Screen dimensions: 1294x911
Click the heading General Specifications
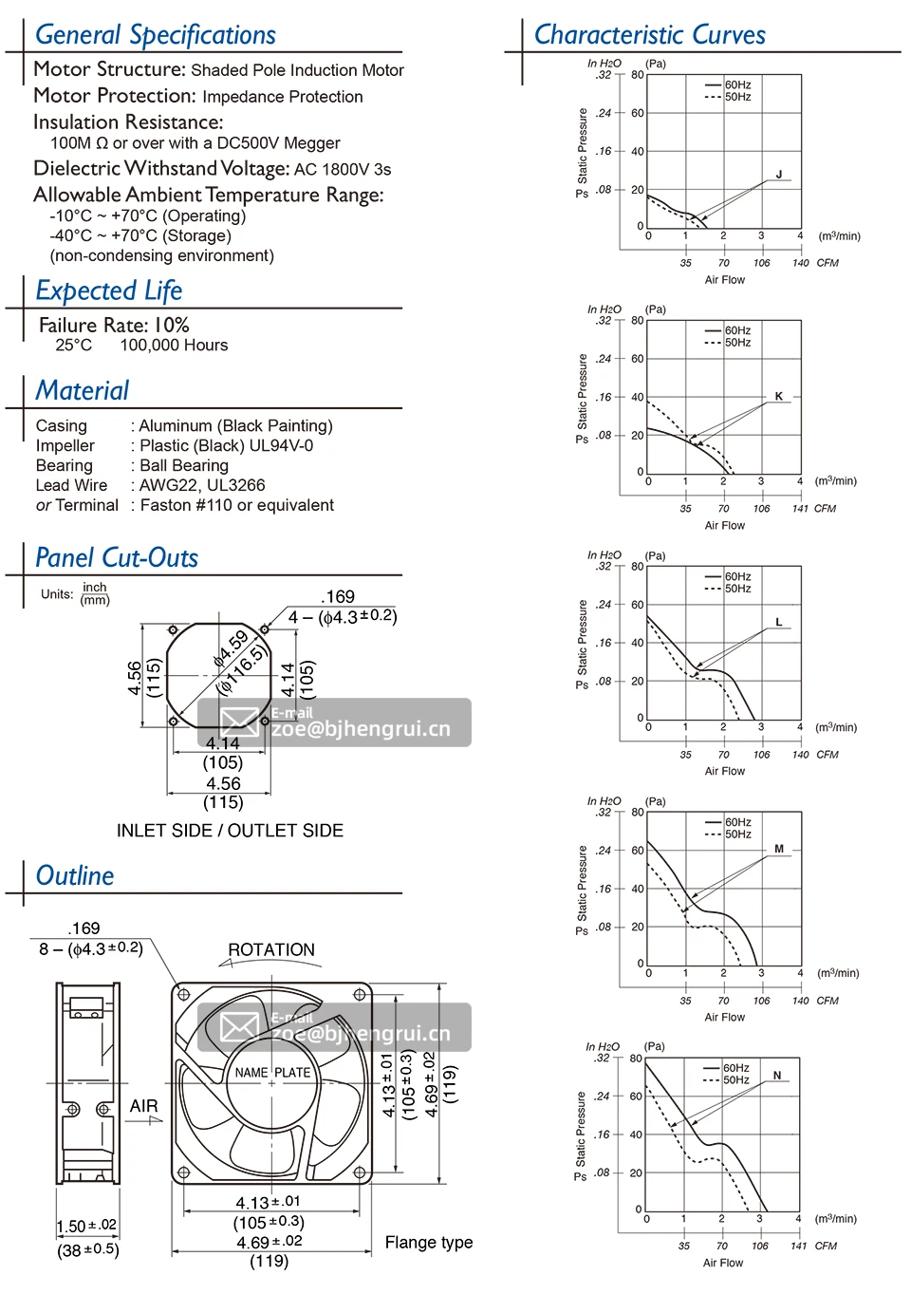click(x=155, y=35)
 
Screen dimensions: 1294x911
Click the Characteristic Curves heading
click(x=649, y=35)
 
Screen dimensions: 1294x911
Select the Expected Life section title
click(x=108, y=291)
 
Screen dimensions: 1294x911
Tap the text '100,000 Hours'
click(x=174, y=346)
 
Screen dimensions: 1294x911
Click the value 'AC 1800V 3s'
click(x=343, y=170)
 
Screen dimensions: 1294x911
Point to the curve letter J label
click(x=779, y=175)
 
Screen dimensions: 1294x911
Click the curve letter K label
click(x=779, y=396)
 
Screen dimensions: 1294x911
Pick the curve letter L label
click(x=779, y=623)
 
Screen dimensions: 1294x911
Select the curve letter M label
click(x=779, y=849)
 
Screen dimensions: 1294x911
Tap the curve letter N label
click(x=777, y=1076)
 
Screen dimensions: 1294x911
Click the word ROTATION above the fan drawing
click(x=271, y=950)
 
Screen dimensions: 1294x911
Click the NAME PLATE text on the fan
click(x=272, y=1073)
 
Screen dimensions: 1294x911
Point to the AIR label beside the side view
click(x=144, y=1106)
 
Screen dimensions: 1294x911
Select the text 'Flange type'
click(x=429, y=1243)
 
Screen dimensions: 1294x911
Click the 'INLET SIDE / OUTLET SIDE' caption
click(x=230, y=831)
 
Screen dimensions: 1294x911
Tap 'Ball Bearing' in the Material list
click(x=184, y=466)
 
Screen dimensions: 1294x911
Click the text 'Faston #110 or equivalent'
click(x=237, y=506)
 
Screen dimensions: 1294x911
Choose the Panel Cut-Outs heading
click(x=117, y=558)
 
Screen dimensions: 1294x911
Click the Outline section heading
click(x=75, y=876)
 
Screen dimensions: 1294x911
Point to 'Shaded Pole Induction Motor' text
click(x=298, y=70)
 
